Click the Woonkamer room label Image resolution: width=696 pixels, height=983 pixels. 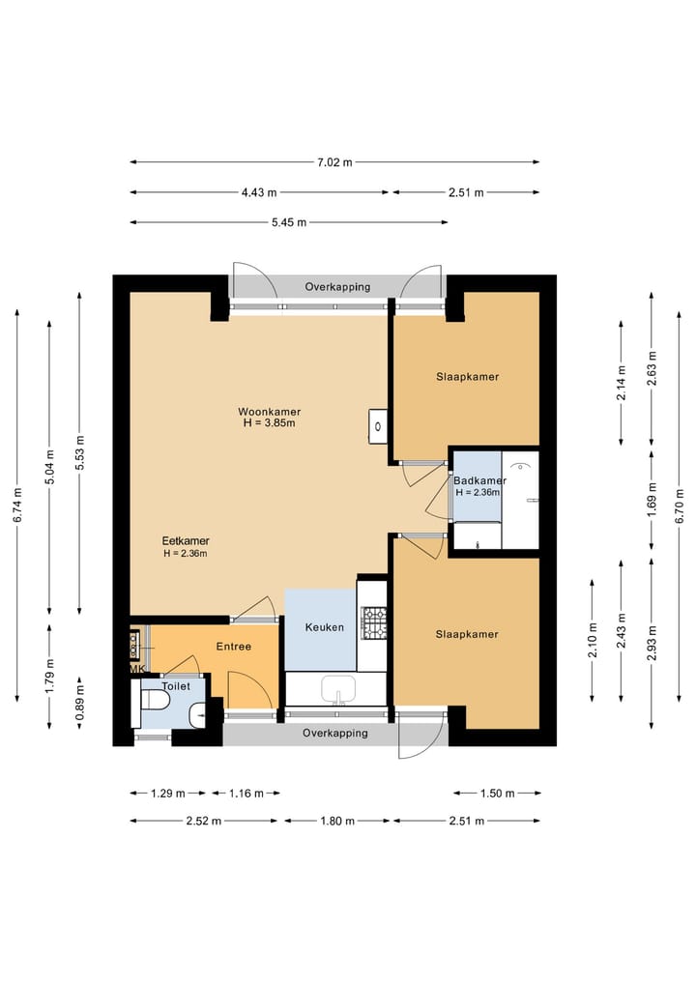pyautogui.click(x=269, y=412)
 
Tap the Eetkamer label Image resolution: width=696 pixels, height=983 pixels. pyautogui.click(x=186, y=540)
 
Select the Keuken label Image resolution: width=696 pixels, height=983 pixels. pyautogui.click(x=324, y=627)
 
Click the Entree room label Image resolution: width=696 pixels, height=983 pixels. pyautogui.click(x=234, y=647)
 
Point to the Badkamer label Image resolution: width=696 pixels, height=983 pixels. pyautogui.click(x=479, y=480)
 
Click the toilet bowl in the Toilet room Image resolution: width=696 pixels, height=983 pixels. pyautogui.click(x=153, y=700)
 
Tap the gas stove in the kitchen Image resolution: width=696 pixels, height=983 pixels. pyautogui.click(x=375, y=623)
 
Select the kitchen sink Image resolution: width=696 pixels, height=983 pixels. pyautogui.click(x=338, y=689)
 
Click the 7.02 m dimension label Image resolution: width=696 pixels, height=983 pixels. pyautogui.click(x=334, y=162)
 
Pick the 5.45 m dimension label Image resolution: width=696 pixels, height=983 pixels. pyautogui.click(x=289, y=222)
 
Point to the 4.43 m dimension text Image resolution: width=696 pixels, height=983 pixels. pyautogui.click(x=259, y=192)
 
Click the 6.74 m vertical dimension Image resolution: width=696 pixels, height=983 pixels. pyautogui.click(x=18, y=506)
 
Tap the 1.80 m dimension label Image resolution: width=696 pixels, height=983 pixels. pyautogui.click(x=337, y=821)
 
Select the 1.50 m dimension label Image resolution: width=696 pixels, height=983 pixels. pyautogui.click(x=497, y=794)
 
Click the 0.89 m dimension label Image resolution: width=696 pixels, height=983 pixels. pyautogui.click(x=79, y=703)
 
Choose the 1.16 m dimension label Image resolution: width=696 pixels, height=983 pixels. pyautogui.click(x=246, y=794)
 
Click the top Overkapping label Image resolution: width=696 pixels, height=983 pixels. pyautogui.click(x=337, y=287)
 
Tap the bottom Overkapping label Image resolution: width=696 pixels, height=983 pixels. pyautogui.click(x=334, y=733)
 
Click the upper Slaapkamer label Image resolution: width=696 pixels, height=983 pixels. pyautogui.click(x=468, y=377)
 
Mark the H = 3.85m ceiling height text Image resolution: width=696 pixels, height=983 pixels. pyautogui.click(x=269, y=423)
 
